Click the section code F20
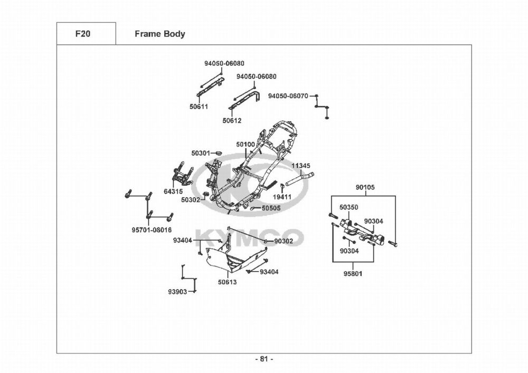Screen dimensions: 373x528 pos(83,34)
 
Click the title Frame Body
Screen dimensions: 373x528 pos(159,34)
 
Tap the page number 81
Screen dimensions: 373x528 pos(264,359)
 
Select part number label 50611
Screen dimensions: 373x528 pos(199,107)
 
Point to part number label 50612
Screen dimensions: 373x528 pos(232,120)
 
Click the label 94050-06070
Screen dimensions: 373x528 pos(288,96)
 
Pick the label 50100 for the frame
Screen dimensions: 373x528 pos(246,145)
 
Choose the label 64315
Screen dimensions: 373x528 pos(173,191)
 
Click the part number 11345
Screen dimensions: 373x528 pos(301,166)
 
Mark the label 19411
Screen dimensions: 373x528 pos(282,197)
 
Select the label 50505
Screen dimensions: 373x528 pos(271,208)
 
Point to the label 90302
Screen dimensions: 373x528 pos(284,241)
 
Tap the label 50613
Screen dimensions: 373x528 pos(228,282)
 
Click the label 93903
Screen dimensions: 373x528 pos(177,292)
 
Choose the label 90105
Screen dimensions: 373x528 pos(365,187)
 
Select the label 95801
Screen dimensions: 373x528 pos(352,274)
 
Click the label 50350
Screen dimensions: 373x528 pos(348,208)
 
